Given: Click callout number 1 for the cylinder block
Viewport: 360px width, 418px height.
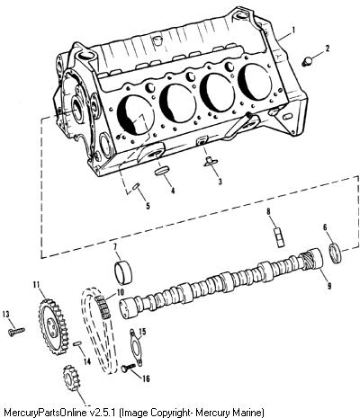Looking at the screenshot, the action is [x=293, y=30].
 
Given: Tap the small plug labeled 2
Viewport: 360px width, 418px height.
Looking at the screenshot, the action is [x=307, y=62].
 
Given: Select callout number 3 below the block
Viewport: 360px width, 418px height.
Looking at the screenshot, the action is [x=220, y=182].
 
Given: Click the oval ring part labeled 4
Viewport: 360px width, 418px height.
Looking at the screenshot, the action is [x=162, y=172].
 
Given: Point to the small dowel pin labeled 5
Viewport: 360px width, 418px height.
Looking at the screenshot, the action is [x=136, y=186].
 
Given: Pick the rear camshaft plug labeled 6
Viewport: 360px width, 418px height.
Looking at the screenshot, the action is [x=336, y=253].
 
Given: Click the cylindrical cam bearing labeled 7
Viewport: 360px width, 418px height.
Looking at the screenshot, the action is [x=123, y=272].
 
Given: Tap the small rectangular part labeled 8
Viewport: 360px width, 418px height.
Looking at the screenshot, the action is [x=280, y=237].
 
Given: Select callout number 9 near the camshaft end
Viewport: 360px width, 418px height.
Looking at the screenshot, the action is [x=329, y=286].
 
